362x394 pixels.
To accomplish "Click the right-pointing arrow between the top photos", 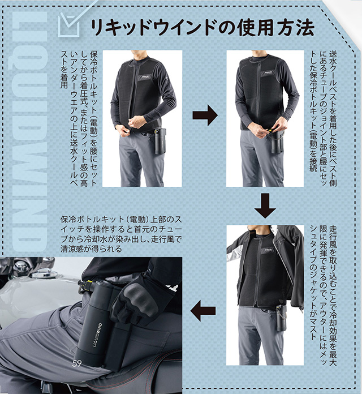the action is [205, 115].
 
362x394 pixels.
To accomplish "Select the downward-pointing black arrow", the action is [265, 205].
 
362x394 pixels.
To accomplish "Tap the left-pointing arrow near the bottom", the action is [203, 311].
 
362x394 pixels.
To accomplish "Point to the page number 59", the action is [77, 363].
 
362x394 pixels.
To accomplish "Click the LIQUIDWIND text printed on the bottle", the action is [97, 336].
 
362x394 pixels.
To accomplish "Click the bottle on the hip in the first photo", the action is [160, 141].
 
